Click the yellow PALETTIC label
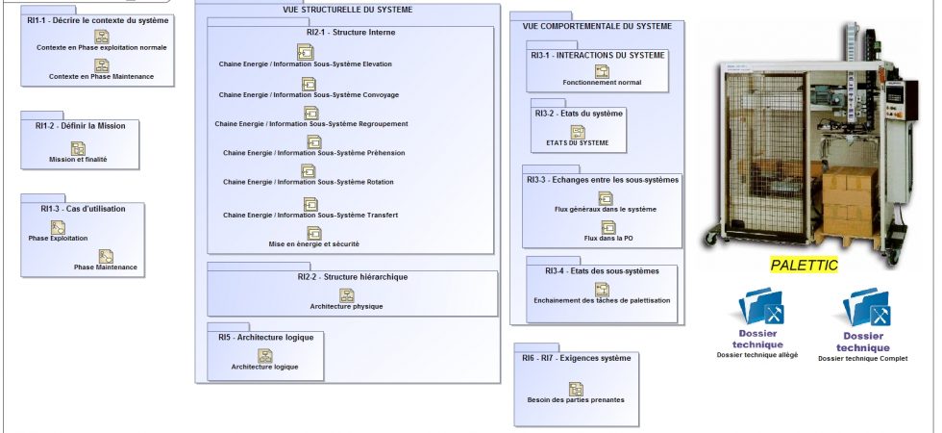click(x=804, y=265)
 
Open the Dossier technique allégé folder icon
click(x=760, y=307)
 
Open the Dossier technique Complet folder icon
click(x=866, y=308)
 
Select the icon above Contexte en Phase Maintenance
click(x=102, y=65)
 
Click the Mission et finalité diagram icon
click(x=78, y=148)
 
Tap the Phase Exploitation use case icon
click(x=58, y=227)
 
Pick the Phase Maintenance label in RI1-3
click(x=106, y=267)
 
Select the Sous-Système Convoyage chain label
click(x=309, y=95)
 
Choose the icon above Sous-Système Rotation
click(x=309, y=171)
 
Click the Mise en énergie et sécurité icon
click(x=314, y=233)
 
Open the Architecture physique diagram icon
click(x=347, y=295)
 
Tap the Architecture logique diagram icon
click(x=265, y=356)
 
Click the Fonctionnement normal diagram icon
click(x=602, y=71)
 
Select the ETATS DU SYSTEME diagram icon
click(x=578, y=133)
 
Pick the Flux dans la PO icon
click(x=608, y=227)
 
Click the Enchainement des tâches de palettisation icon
click(x=602, y=290)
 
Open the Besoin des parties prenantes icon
click(x=576, y=389)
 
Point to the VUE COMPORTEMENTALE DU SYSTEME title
click(x=597, y=27)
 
